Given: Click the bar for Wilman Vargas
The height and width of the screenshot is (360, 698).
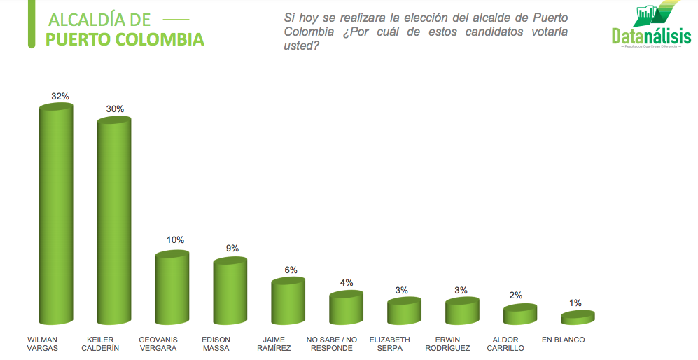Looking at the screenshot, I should tap(55, 214).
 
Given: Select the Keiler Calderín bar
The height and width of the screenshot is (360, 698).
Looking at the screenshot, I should tap(113, 221).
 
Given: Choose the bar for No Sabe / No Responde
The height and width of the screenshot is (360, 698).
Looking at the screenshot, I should tap(346, 307).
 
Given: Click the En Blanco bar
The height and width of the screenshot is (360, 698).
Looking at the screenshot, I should tap(578, 317).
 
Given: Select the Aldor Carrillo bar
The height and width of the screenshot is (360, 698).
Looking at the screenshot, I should tap(519, 314).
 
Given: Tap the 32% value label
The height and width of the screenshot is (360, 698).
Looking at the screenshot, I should tap(60, 96).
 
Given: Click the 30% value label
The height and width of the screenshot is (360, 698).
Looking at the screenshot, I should tap(115, 109).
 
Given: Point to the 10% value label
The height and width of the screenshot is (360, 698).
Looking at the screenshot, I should tap(175, 240).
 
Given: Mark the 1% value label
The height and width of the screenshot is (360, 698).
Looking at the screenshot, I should tap(575, 303).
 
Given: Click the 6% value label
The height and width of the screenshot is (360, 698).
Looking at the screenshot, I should tap(291, 270).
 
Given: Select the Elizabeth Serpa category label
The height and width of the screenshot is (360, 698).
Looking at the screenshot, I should tap(404, 344).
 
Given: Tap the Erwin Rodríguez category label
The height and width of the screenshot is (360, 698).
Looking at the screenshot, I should tap(461, 344).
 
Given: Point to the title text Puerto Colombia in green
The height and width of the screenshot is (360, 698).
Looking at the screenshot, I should tap(125, 39).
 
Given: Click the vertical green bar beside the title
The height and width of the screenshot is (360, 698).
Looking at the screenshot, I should tap(31, 24).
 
